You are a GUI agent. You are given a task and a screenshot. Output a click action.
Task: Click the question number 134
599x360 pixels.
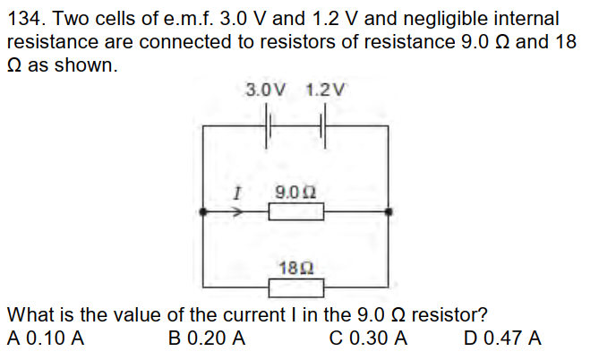tap(26, 18)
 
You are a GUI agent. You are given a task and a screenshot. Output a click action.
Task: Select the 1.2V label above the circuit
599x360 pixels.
tap(323, 90)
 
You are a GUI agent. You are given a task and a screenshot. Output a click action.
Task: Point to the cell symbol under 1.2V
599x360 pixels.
tap(324, 127)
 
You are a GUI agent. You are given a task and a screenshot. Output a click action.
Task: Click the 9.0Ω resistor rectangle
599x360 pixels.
tap(296, 213)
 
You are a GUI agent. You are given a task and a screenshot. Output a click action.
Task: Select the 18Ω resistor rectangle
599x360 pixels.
tap(296, 287)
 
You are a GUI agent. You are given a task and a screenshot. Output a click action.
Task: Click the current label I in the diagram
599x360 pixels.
tap(236, 191)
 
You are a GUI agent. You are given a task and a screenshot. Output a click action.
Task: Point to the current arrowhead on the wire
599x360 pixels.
tap(241, 213)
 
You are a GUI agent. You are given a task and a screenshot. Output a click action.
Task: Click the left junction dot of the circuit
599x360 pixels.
tap(204, 213)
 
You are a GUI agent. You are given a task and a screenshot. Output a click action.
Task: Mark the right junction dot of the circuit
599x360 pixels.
tap(388, 213)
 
